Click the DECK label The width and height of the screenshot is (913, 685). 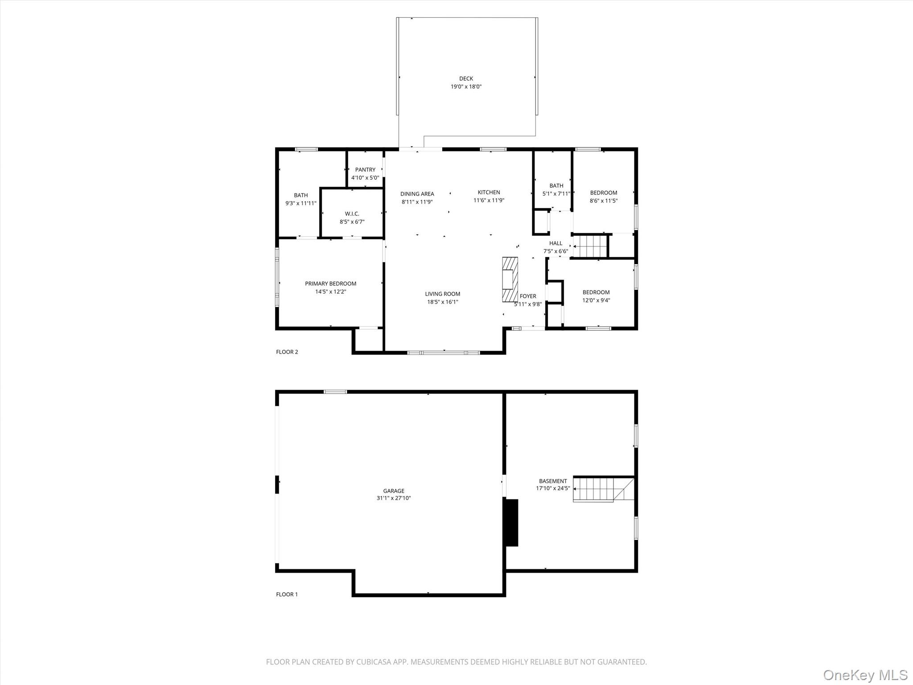pos(466,78)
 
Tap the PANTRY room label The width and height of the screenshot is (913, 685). pos(365,169)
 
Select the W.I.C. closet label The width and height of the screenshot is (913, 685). pos(352,214)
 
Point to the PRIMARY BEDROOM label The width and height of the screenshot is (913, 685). pos(330,284)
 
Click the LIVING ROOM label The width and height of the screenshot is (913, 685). pos(442,294)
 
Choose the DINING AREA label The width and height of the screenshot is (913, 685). pos(417,194)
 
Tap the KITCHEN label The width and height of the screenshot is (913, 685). pos(489,193)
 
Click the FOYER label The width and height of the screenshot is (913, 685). pos(528,296)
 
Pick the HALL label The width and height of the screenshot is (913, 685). pos(555,243)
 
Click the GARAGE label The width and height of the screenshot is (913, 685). pos(394,491)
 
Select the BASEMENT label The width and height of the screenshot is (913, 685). pos(553,481)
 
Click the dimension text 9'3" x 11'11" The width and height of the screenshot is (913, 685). pos(301,203)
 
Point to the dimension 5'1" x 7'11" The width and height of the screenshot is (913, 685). pos(556,194)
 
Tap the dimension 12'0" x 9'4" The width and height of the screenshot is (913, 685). pos(596,300)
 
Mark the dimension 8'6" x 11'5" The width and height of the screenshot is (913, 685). pos(604,201)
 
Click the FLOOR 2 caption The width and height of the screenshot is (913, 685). pos(287,352)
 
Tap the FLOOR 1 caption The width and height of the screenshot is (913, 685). pos(287,594)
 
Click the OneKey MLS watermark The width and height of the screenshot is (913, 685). pos(865,675)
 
